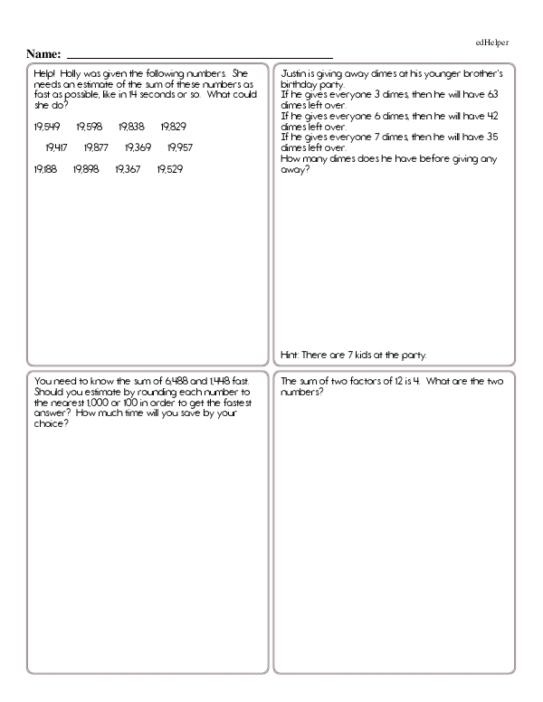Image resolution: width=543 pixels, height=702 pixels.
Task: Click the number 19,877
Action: [96, 147]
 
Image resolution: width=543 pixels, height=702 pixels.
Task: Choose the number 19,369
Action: [138, 147]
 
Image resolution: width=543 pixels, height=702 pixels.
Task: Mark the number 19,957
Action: [180, 147]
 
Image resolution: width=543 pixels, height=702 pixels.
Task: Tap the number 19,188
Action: [44, 169]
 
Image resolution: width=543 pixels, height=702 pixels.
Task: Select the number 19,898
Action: [86, 169]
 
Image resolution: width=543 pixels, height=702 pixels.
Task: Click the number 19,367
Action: [129, 169]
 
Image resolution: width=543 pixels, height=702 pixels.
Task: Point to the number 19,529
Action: [170, 169]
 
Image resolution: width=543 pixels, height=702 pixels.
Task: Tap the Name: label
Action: [43, 54]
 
